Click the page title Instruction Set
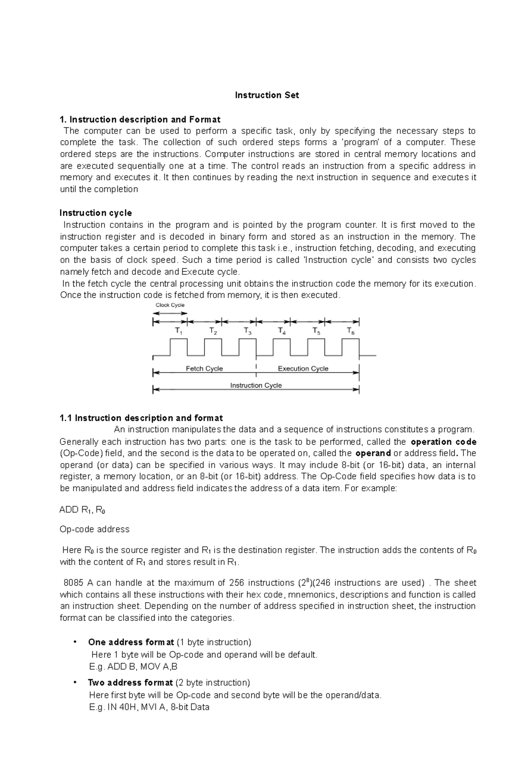(x=266, y=95)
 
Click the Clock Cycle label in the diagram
(x=170, y=305)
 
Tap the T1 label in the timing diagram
(x=179, y=331)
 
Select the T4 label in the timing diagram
(x=282, y=331)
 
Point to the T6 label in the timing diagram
(x=350, y=331)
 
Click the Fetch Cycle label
(x=204, y=369)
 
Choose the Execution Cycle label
(x=303, y=369)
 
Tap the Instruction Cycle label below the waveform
(x=256, y=385)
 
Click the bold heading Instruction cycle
(x=96, y=213)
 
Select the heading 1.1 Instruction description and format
(x=141, y=418)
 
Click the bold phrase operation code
(x=443, y=442)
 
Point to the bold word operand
(x=373, y=453)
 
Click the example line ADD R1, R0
(x=82, y=510)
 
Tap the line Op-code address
(x=94, y=529)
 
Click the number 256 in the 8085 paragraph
(x=236, y=583)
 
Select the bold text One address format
(x=131, y=642)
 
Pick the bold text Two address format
(x=130, y=682)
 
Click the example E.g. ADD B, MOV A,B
(x=133, y=666)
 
